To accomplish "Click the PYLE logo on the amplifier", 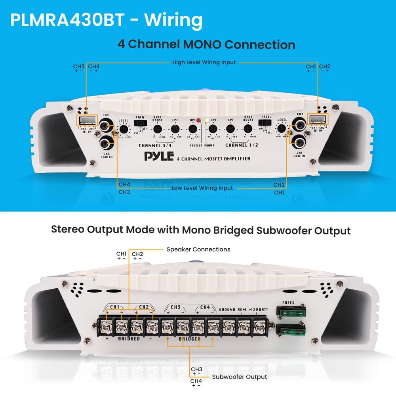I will click(159, 157).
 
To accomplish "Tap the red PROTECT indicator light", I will click(198, 121).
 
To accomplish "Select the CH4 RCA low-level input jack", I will click(105, 127).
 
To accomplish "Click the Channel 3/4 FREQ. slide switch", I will click(140, 124).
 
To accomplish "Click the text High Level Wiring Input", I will click(204, 62).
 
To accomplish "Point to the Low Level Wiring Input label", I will click(202, 188).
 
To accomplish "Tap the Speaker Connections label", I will click(198, 249).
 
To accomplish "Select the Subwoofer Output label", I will click(240, 377).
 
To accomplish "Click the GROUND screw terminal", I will click(229, 327).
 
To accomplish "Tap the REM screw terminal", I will click(244, 327).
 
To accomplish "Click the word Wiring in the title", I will click(173, 20).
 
